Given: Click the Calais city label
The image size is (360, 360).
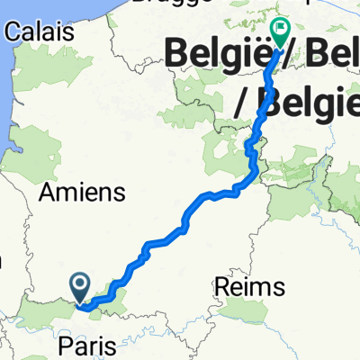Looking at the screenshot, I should pyautogui.click(x=39, y=31).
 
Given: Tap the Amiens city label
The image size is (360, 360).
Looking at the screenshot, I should pyautogui.click(x=78, y=192).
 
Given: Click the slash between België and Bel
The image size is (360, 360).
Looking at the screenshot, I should pyautogui.click(x=289, y=58).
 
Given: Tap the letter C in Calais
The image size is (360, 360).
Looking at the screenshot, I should pyautogui.click(x=13, y=31).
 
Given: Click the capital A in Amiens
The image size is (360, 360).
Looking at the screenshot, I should pyautogui.click(x=46, y=192).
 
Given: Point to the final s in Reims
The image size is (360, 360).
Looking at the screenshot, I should pyautogui.click(x=280, y=287).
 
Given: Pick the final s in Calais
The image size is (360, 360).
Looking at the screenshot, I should pyautogui.click(x=67, y=31).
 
